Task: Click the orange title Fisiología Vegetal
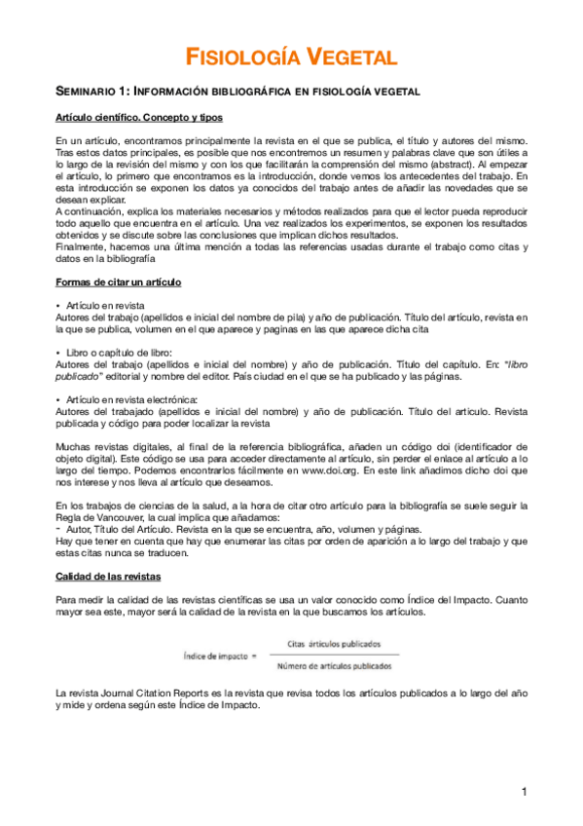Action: coord(291,57)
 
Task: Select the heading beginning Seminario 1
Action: coord(238,92)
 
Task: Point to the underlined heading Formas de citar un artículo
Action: coord(118,282)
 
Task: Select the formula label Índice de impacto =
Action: coord(212,655)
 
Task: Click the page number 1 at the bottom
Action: coord(523,792)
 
